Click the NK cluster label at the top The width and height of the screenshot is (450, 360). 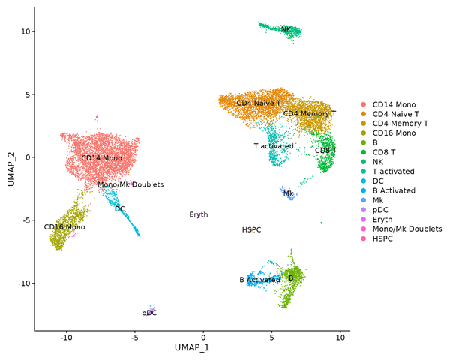286,30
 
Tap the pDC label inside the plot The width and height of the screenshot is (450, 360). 149,313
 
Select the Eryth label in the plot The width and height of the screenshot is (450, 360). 199,214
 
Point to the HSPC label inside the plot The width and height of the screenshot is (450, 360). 251,229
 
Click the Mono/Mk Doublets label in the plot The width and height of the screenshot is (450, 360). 130,184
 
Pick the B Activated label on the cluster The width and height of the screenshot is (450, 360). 259,280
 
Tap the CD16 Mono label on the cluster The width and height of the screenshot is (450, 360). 64,226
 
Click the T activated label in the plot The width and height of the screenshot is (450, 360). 274,146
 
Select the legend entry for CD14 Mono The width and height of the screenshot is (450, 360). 394,104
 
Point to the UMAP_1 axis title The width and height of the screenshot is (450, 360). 192,348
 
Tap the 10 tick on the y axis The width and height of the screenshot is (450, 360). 25,31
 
